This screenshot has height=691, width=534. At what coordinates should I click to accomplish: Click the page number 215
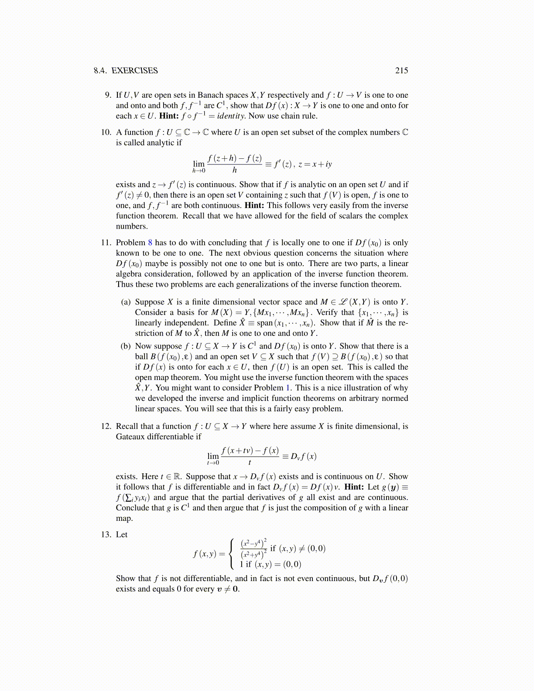click(401, 71)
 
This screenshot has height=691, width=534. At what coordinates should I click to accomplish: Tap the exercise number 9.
click(108, 95)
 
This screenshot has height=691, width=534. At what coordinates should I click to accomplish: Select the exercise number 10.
click(106, 132)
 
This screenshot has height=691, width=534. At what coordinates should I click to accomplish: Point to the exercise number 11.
click(106, 243)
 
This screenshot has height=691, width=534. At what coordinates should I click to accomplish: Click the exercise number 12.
click(106, 426)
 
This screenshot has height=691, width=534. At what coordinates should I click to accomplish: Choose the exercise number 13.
click(106, 534)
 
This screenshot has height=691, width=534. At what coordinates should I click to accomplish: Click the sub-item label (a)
click(126, 302)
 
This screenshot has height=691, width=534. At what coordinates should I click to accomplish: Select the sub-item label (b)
click(126, 346)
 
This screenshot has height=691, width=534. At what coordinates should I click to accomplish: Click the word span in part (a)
click(264, 323)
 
